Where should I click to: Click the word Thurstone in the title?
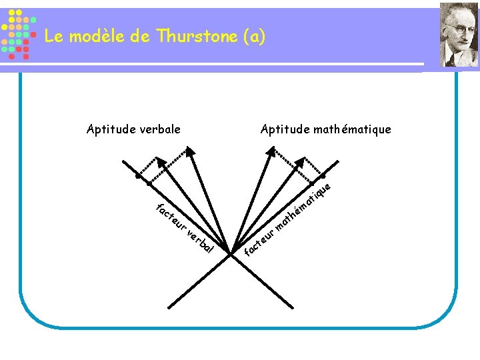coord(199,37)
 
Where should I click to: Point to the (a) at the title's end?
coord(255,37)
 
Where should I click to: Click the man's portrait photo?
coord(459,34)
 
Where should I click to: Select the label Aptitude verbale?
coord(133,129)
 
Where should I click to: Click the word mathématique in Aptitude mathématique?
coord(353,129)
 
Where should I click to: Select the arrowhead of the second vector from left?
coord(190,151)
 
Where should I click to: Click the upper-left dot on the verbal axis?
coord(138,177)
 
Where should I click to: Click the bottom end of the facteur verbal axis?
coord(293,307)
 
